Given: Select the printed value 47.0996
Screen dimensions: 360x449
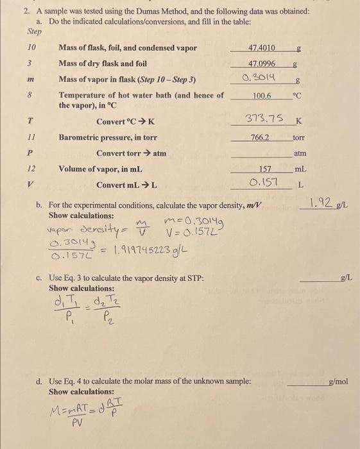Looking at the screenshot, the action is pyautogui.click(x=262, y=64).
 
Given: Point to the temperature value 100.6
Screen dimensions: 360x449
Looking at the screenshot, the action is pyautogui.click(x=262, y=96).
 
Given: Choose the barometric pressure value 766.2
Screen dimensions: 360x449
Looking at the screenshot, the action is pyautogui.click(x=260, y=137).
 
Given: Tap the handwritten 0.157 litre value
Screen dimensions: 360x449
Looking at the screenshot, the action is pyautogui.click(x=263, y=183).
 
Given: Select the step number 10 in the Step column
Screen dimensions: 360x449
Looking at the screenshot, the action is pyautogui.click(x=32, y=48).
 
